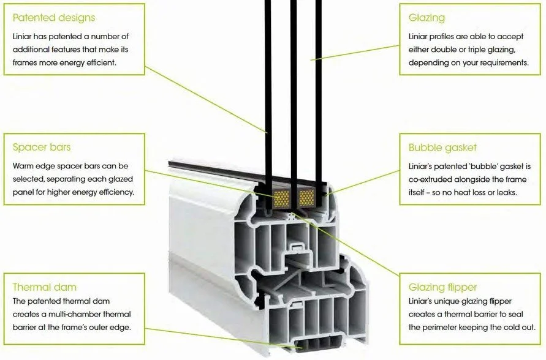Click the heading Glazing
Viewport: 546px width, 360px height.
pos(427,18)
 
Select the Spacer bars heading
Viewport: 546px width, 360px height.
pos(42,147)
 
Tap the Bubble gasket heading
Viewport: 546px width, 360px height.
pos(442,148)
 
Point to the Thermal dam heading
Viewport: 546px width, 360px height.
pos(45,287)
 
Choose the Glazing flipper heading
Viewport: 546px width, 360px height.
pos(442,287)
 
